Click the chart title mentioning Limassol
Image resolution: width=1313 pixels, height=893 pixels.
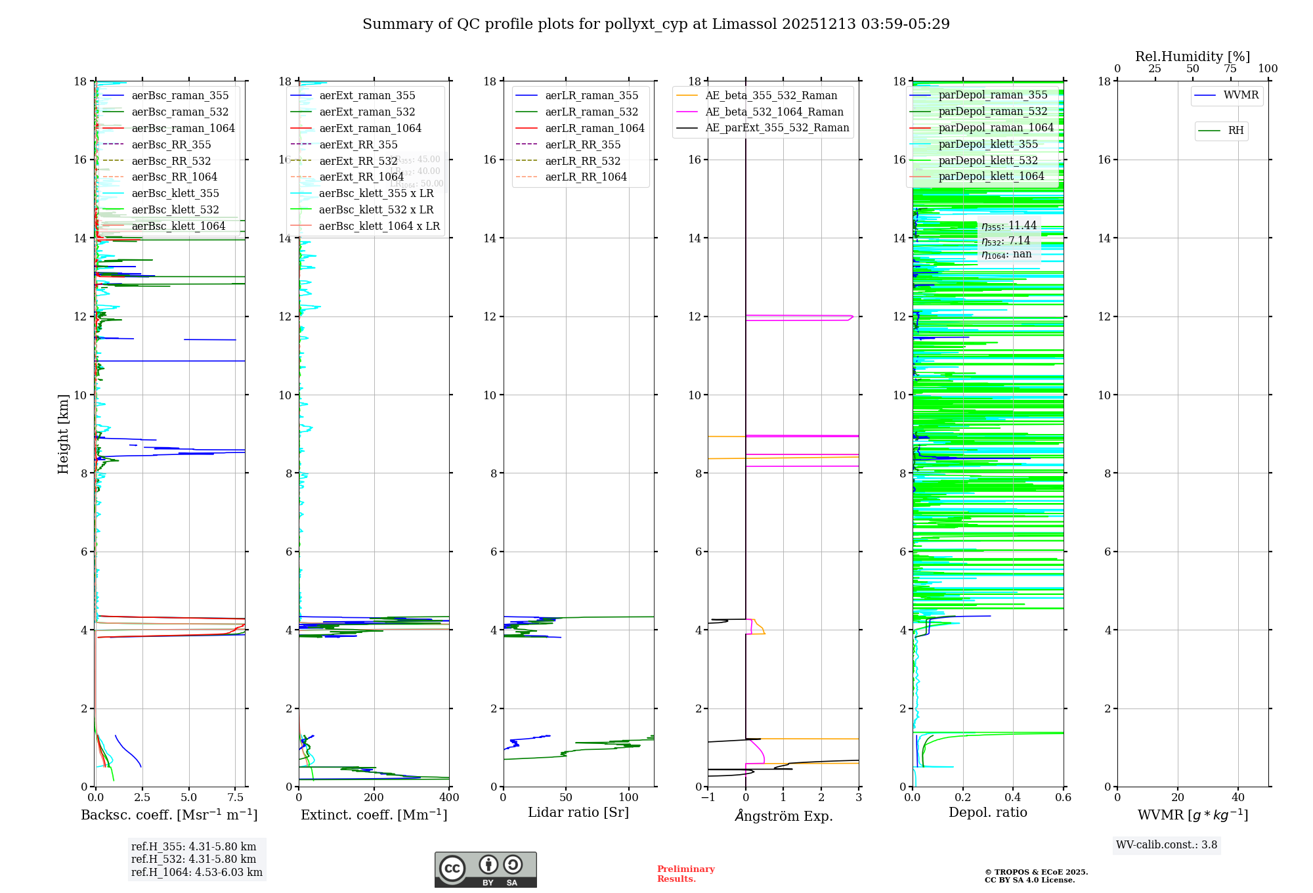(656, 24)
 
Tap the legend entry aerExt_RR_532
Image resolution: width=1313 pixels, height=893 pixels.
(358, 161)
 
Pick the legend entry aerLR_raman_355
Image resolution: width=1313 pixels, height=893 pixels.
(591, 96)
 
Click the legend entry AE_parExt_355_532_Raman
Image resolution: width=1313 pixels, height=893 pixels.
(777, 128)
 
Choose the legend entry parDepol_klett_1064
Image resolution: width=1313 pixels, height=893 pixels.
(991, 177)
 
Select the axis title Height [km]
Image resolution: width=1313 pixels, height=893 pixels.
(63, 433)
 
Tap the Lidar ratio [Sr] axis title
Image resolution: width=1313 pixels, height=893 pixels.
(578, 813)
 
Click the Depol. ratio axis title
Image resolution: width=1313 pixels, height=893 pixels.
(987, 813)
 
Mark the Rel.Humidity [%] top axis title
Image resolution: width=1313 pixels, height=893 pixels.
(1192, 56)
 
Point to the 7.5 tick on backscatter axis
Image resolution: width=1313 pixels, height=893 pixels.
(236, 798)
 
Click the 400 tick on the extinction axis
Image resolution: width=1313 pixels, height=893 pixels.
(449, 798)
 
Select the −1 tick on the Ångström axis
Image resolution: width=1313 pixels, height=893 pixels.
(707, 798)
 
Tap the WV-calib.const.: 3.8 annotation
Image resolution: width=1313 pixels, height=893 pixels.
(1166, 845)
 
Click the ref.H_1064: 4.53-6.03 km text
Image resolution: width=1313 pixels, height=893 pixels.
(196, 873)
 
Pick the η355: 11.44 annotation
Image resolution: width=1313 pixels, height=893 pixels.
(1009, 226)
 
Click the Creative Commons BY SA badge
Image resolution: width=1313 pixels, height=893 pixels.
(485, 870)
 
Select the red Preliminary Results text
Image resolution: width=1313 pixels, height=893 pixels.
(685, 874)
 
